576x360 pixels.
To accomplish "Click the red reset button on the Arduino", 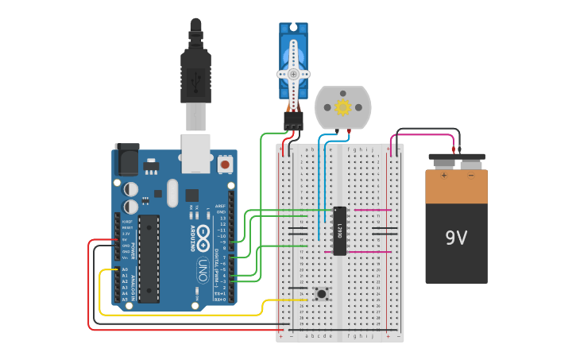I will (226, 165).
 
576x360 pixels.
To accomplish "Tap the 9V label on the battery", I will (456, 238).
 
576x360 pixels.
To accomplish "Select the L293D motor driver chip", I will (339, 231).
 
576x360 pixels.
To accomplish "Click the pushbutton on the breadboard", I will (322, 294).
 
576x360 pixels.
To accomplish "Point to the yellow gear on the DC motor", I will (343, 106).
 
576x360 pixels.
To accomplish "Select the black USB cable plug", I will (195, 72).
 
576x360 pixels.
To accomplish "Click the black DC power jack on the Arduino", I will (126, 161).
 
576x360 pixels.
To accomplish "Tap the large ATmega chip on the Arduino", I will (148, 258).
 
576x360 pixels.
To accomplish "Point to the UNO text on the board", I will (202, 266).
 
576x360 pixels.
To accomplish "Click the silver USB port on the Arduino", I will (195, 153).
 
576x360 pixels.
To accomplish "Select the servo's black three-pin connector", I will (293, 120).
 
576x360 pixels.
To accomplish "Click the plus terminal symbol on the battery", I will (443, 175).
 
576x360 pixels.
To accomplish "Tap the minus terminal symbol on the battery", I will (470, 175).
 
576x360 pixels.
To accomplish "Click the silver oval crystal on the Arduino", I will (172, 193).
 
